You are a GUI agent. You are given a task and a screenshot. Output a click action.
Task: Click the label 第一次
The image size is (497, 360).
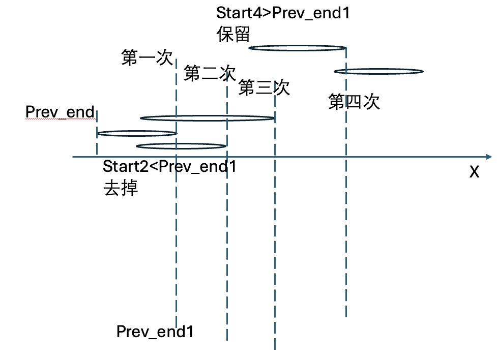click(x=148, y=57)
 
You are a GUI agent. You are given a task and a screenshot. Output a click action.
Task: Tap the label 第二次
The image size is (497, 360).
click(x=210, y=74)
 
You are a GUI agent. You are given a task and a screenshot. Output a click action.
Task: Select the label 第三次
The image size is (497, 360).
click(x=264, y=88)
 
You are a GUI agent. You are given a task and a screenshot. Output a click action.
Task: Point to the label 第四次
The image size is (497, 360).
click(x=354, y=102)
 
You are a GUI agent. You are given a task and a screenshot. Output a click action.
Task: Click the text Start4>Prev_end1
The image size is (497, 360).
click(x=283, y=13)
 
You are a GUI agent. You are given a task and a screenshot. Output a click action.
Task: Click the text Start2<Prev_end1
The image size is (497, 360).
click(x=169, y=166)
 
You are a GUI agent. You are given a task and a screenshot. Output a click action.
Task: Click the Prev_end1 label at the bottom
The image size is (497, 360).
click(x=155, y=332)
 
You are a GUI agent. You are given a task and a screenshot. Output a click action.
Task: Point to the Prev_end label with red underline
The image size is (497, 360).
click(x=60, y=112)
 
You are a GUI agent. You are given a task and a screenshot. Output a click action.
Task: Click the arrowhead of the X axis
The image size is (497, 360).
click(x=488, y=157)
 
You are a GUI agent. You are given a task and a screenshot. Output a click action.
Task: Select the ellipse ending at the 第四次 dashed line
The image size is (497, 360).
click(x=297, y=48)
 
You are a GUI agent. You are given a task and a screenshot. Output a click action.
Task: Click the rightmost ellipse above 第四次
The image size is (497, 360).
click(x=378, y=71)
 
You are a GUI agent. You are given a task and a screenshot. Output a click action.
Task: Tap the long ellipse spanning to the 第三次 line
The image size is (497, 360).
click(x=207, y=118)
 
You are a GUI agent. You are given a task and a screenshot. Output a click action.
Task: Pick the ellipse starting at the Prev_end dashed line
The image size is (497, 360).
click(x=136, y=134)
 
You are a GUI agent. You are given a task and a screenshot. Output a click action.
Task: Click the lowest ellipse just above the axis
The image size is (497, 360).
click(x=181, y=146)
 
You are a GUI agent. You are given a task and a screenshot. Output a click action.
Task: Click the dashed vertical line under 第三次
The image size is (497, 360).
click(x=275, y=229)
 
